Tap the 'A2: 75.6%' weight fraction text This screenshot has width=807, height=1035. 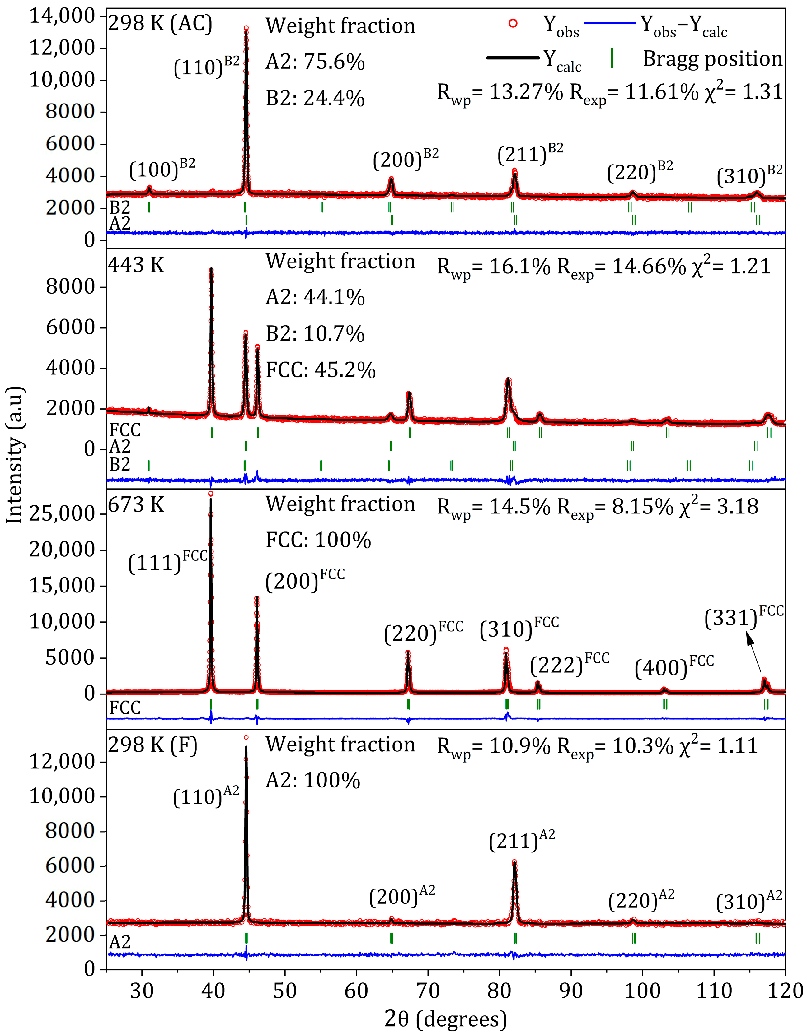click(x=315, y=62)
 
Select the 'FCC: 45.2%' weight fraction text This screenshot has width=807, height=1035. click(x=321, y=370)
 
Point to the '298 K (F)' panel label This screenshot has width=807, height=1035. click(x=153, y=745)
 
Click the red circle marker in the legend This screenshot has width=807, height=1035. click(x=513, y=23)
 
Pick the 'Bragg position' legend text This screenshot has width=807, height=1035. click(x=712, y=59)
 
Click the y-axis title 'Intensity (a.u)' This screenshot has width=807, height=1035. click(x=15, y=455)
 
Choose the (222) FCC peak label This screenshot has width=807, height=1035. click(x=569, y=664)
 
